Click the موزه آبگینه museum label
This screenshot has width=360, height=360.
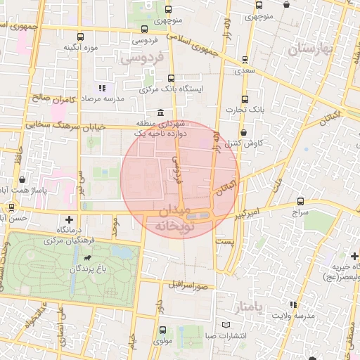[x=80, y=48]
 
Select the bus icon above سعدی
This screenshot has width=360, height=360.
[x=244, y=60]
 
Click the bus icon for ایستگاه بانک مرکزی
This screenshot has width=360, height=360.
[x=171, y=79]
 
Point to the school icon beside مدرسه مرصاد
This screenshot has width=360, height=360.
[x=103, y=89]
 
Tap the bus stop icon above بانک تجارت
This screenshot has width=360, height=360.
[x=245, y=99]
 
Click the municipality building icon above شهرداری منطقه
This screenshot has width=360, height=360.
[x=161, y=113]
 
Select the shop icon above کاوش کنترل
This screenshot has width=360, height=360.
[x=243, y=132]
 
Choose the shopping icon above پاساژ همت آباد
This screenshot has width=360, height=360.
[x=22, y=179]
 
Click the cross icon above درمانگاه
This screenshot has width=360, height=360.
[x=69, y=219]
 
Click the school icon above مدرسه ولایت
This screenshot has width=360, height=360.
[x=293, y=304]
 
